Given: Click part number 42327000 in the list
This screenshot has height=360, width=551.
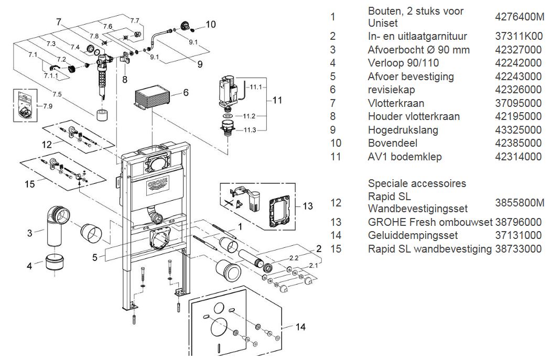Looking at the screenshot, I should coord(518,50).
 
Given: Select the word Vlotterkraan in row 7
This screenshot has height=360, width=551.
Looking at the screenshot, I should coord(396,103).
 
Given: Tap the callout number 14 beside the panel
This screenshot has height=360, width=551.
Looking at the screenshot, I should coord(300,327).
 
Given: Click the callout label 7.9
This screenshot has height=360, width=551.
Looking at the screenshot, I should coord(47,106).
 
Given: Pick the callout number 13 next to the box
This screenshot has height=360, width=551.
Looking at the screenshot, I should coord(308,206).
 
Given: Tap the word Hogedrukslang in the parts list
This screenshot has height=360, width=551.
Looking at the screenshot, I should coord(403,130).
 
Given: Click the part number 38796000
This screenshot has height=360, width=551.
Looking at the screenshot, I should coord(518,222).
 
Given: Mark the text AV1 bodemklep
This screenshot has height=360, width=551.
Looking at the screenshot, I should coord(405,157).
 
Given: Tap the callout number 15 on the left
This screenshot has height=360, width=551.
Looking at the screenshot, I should coord(30,184).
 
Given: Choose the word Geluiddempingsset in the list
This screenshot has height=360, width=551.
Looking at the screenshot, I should coord(413,235).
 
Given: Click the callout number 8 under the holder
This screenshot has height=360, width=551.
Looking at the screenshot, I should coord(124,80).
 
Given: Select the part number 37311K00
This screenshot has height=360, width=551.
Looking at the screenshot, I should coord(518,36).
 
